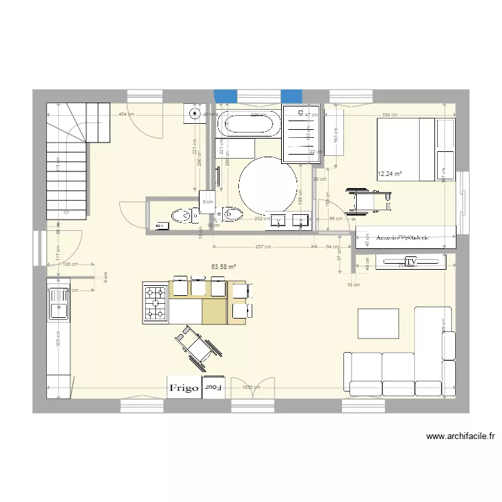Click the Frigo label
[x=184, y=388]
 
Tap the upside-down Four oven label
[x=214, y=388]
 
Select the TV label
[x=410, y=262]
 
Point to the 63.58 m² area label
[x=224, y=267]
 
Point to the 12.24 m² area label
[x=390, y=174]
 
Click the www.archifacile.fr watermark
[x=461, y=436]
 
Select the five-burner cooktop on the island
[x=155, y=303]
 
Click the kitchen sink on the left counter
[x=58, y=302]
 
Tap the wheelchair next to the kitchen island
[x=194, y=346]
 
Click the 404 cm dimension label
[x=124, y=114]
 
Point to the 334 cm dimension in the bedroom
[x=390, y=114]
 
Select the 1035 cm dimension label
[x=252, y=387]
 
